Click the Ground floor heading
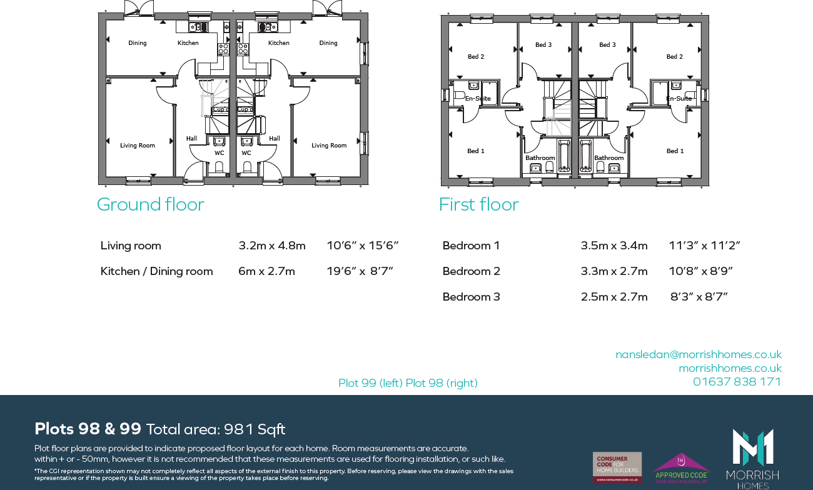pyautogui.click(x=150, y=204)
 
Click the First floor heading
pyautogui.click(x=478, y=204)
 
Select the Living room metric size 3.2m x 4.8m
pyautogui.click(x=272, y=246)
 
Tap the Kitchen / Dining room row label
pyautogui.click(x=156, y=271)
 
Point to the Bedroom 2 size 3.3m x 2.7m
pyautogui.click(x=614, y=271)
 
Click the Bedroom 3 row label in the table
pyautogui.click(x=471, y=297)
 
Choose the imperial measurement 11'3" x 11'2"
pyautogui.click(x=704, y=246)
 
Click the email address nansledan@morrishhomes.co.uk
pyautogui.click(x=699, y=354)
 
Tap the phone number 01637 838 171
pyautogui.click(x=737, y=381)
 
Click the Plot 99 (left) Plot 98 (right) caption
pyautogui.click(x=408, y=383)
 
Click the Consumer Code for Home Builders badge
pyautogui.click(x=617, y=467)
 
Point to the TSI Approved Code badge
pyautogui.click(x=680, y=467)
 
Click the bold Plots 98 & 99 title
pyautogui.click(x=88, y=429)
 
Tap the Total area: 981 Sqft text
pyautogui.click(x=216, y=429)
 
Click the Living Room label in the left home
pyautogui.click(x=138, y=146)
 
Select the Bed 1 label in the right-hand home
pyautogui.click(x=675, y=151)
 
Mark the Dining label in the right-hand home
pyautogui.click(x=328, y=43)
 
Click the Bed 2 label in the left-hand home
pyautogui.click(x=476, y=57)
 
